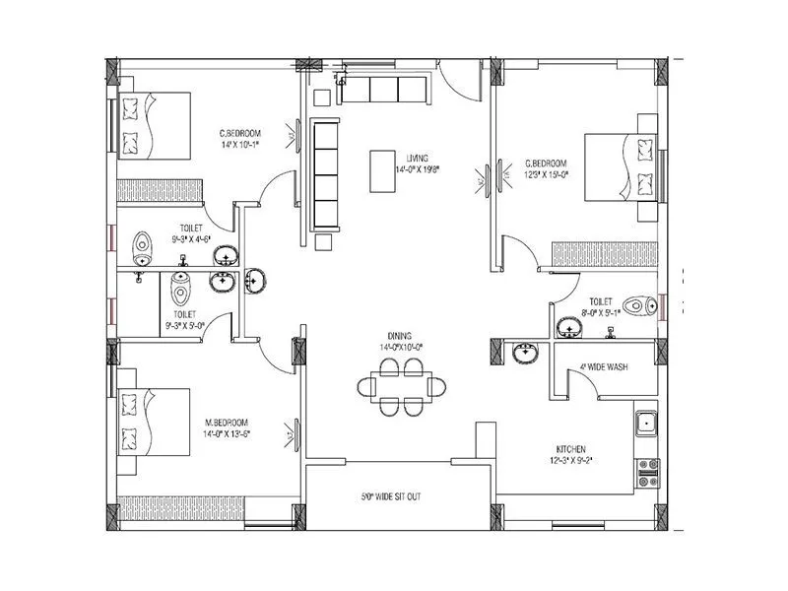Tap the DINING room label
[400, 335]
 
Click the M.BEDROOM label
[233, 421]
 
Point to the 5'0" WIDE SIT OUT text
[390, 497]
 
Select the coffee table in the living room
[384, 170]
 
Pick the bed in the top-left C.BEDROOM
[154, 125]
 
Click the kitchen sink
[647, 425]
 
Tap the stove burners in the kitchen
[647, 470]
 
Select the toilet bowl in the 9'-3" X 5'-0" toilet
[178, 289]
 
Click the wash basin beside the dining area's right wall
[523, 352]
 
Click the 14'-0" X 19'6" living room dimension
[416, 169]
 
